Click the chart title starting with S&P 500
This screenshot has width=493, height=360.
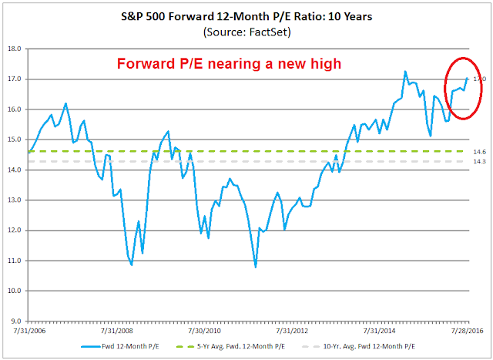[246, 15]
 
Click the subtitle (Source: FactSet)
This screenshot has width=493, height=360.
[246, 32]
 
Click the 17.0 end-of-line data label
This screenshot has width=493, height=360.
[478, 79]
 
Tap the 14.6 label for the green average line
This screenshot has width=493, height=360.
[478, 152]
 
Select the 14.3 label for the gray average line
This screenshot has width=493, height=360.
[478, 161]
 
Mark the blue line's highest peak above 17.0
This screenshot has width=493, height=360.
[405, 72]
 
